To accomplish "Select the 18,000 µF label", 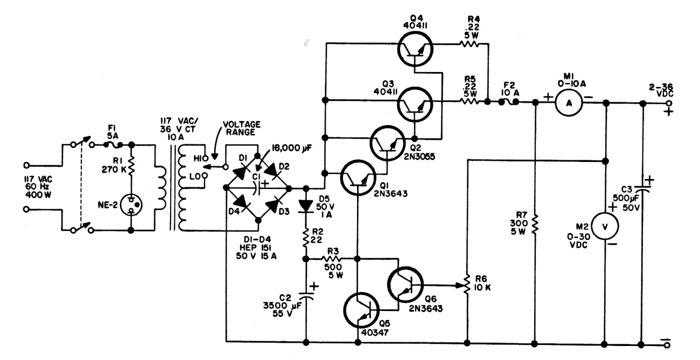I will coord(290,147).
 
